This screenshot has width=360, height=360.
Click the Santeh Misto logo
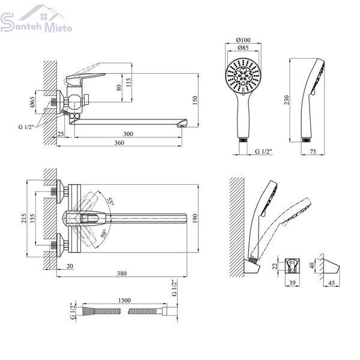(x=36, y=19)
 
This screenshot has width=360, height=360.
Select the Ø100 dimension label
(x=243, y=40)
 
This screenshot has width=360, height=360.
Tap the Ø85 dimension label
(x=243, y=48)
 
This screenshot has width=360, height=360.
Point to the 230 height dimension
(x=287, y=100)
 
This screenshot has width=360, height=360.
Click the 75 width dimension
(x=313, y=151)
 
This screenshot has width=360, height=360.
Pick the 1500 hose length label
(x=124, y=301)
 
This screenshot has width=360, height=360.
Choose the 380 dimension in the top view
(x=122, y=273)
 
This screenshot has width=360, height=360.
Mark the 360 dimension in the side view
(x=119, y=143)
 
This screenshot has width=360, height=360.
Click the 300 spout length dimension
(x=128, y=134)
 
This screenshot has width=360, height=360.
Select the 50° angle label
(x=104, y=233)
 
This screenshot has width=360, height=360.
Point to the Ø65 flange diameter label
(x=32, y=102)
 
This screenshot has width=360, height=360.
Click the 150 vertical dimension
(x=194, y=100)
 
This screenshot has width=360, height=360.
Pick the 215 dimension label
(x=23, y=218)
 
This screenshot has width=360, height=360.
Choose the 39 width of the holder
(x=292, y=283)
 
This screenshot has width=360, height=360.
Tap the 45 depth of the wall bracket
(x=331, y=283)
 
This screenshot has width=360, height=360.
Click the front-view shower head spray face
(x=243, y=76)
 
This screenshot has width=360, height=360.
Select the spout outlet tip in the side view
(x=183, y=124)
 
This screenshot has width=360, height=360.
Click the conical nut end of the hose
(x=89, y=311)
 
